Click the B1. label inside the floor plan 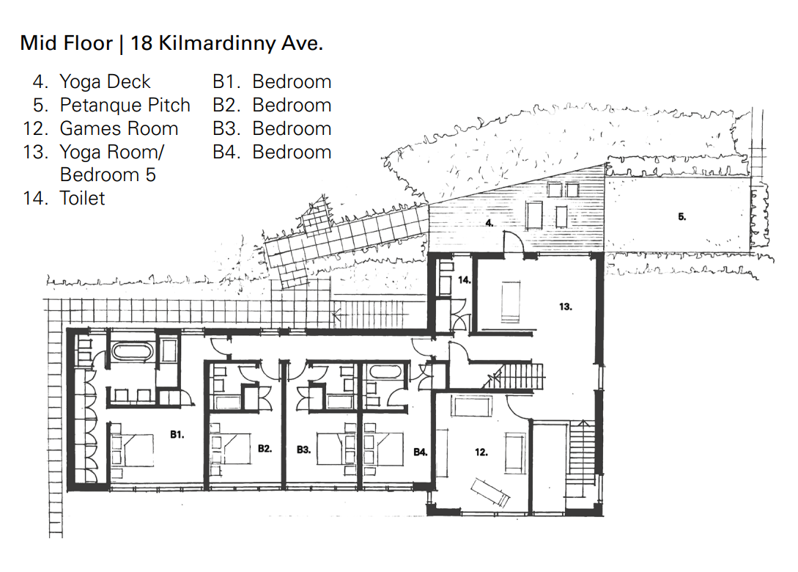(x=177, y=434)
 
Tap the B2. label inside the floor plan (x=265, y=449)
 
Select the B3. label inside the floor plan (x=304, y=450)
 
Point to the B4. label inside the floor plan (x=421, y=452)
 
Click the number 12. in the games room (x=481, y=452)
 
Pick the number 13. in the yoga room (x=566, y=307)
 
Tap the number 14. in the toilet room (x=464, y=279)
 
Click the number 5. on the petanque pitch (x=682, y=216)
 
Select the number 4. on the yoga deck (x=489, y=223)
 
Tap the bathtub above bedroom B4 (x=386, y=371)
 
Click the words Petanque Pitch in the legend (x=125, y=105)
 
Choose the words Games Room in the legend (x=119, y=128)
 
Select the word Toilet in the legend (x=82, y=198)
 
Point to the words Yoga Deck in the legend (x=105, y=81)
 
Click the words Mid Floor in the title (x=66, y=43)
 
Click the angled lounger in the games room (x=491, y=493)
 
